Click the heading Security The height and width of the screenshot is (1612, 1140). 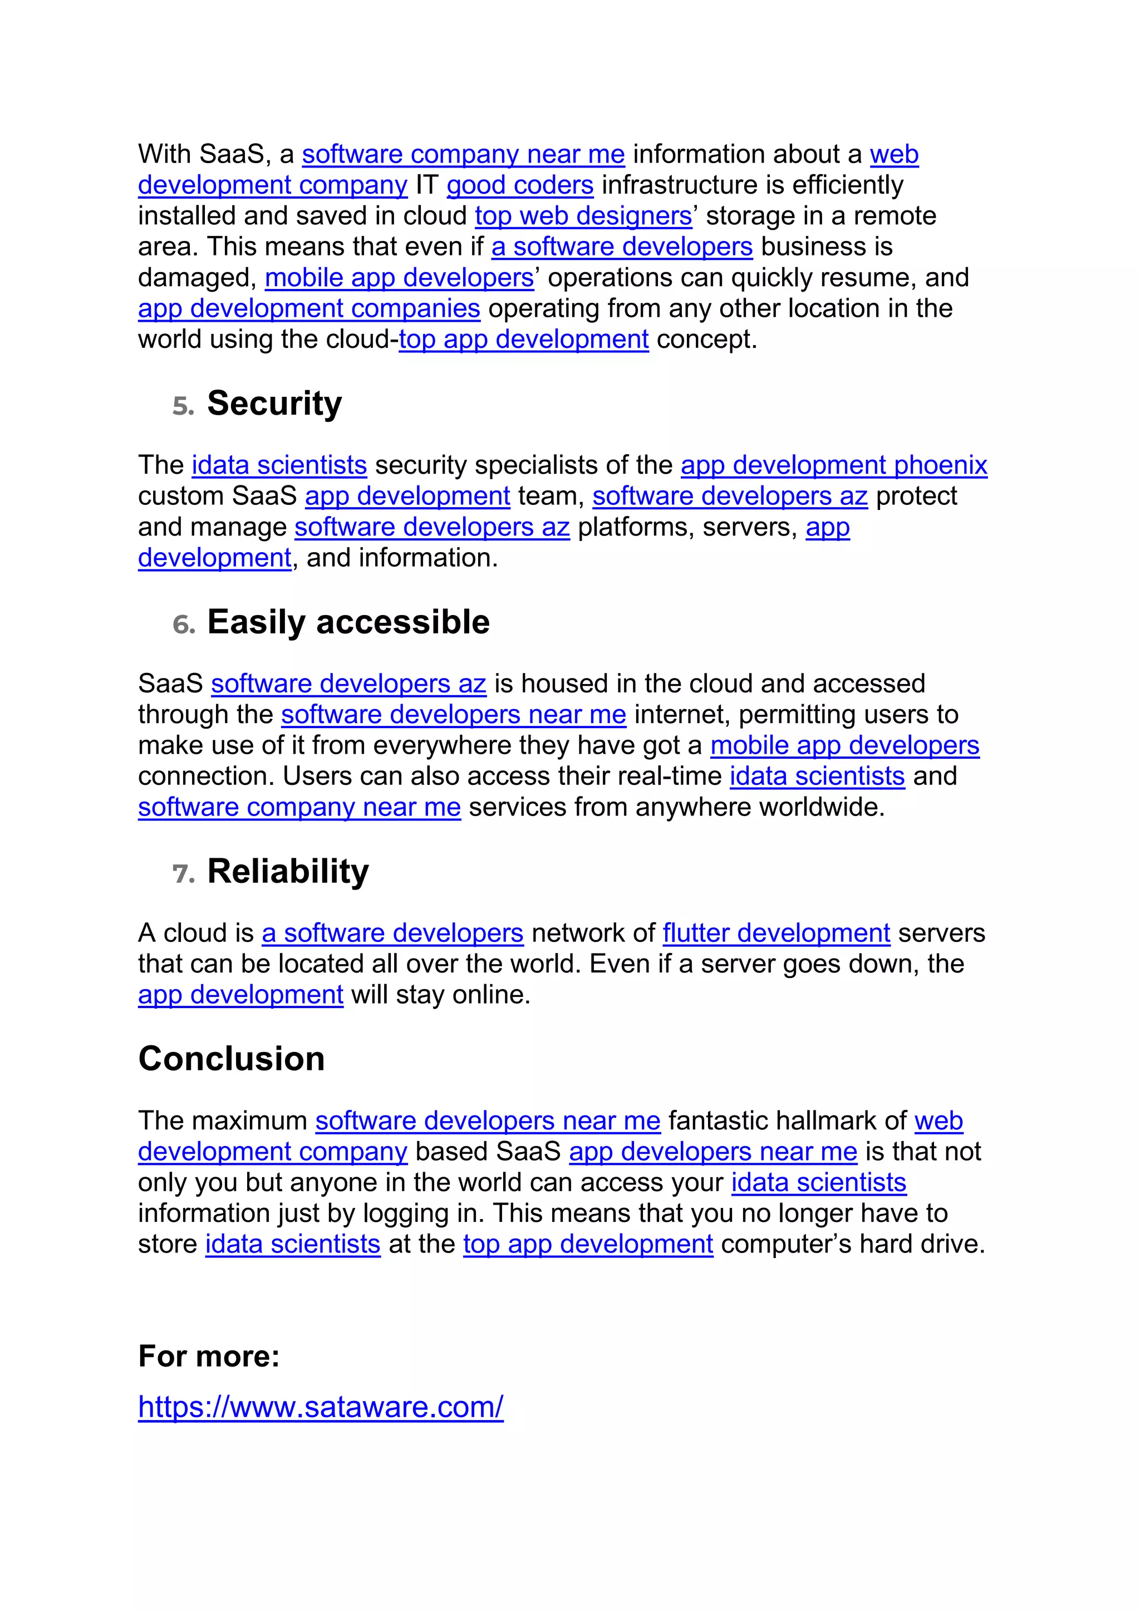(274, 404)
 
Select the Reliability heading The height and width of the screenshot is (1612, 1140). (288, 872)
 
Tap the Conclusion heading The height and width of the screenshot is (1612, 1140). (232, 1059)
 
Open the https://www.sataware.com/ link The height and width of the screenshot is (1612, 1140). (321, 1407)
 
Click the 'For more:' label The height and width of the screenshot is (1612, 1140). (209, 1356)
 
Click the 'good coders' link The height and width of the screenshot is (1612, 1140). (520, 185)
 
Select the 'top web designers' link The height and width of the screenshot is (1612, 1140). (583, 216)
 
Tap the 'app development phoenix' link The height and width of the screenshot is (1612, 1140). (834, 465)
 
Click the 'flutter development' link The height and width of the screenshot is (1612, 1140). (777, 933)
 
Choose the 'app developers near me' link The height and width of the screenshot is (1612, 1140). (713, 1152)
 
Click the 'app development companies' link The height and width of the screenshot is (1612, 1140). (309, 309)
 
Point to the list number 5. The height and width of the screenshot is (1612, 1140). (183, 406)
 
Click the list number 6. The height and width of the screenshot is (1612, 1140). (183, 626)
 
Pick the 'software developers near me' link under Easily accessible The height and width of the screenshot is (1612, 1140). (454, 715)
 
